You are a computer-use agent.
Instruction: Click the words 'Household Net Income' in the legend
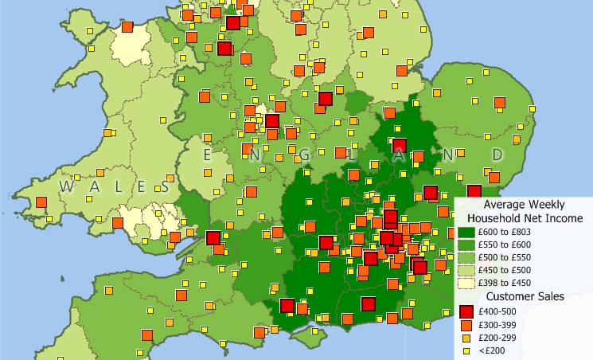(x=525, y=217)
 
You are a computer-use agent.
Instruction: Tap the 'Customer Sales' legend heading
(x=525, y=296)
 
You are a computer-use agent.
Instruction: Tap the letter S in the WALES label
(x=163, y=186)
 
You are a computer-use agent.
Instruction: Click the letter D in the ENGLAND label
(x=497, y=154)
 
